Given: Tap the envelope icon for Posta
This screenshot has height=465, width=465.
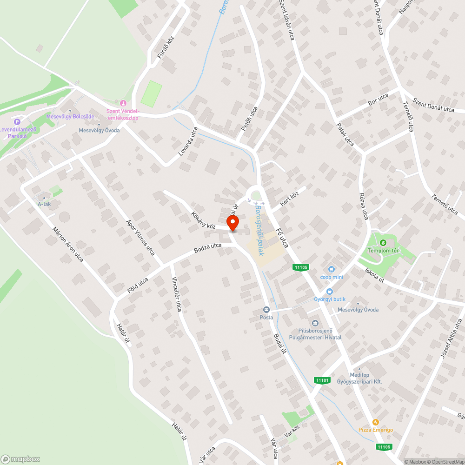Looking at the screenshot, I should click(x=266, y=310).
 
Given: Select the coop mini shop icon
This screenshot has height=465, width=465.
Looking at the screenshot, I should click(x=331, y=269).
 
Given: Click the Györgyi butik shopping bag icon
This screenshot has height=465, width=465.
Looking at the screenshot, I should click(x=330, y=291).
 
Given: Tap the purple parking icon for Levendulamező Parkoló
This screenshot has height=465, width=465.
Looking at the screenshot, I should click(x=18, y=122).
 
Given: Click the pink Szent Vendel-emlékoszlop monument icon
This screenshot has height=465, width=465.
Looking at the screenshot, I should click(x=123, y=103).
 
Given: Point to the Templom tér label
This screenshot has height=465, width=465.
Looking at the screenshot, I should click(x=383, y=251).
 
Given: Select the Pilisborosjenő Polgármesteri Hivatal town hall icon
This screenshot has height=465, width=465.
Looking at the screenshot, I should click(x=315, y=323).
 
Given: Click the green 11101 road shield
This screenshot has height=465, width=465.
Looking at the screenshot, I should click(x=322, y=380).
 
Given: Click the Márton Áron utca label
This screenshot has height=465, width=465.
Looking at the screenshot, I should click(x=68, y=244).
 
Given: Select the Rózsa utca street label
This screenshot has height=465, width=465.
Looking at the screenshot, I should click(x=364, y=206).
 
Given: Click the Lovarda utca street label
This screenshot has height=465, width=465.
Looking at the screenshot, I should click(x=188, y=141).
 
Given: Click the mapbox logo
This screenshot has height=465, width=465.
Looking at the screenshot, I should click(x=20, y=459).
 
